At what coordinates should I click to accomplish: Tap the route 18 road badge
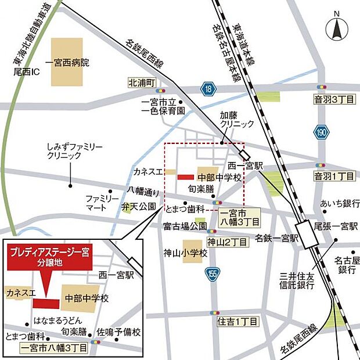209,88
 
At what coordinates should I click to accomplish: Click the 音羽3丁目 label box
334,100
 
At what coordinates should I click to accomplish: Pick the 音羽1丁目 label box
334,175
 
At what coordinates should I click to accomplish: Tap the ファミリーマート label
102,202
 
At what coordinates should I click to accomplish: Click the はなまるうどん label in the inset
57,321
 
